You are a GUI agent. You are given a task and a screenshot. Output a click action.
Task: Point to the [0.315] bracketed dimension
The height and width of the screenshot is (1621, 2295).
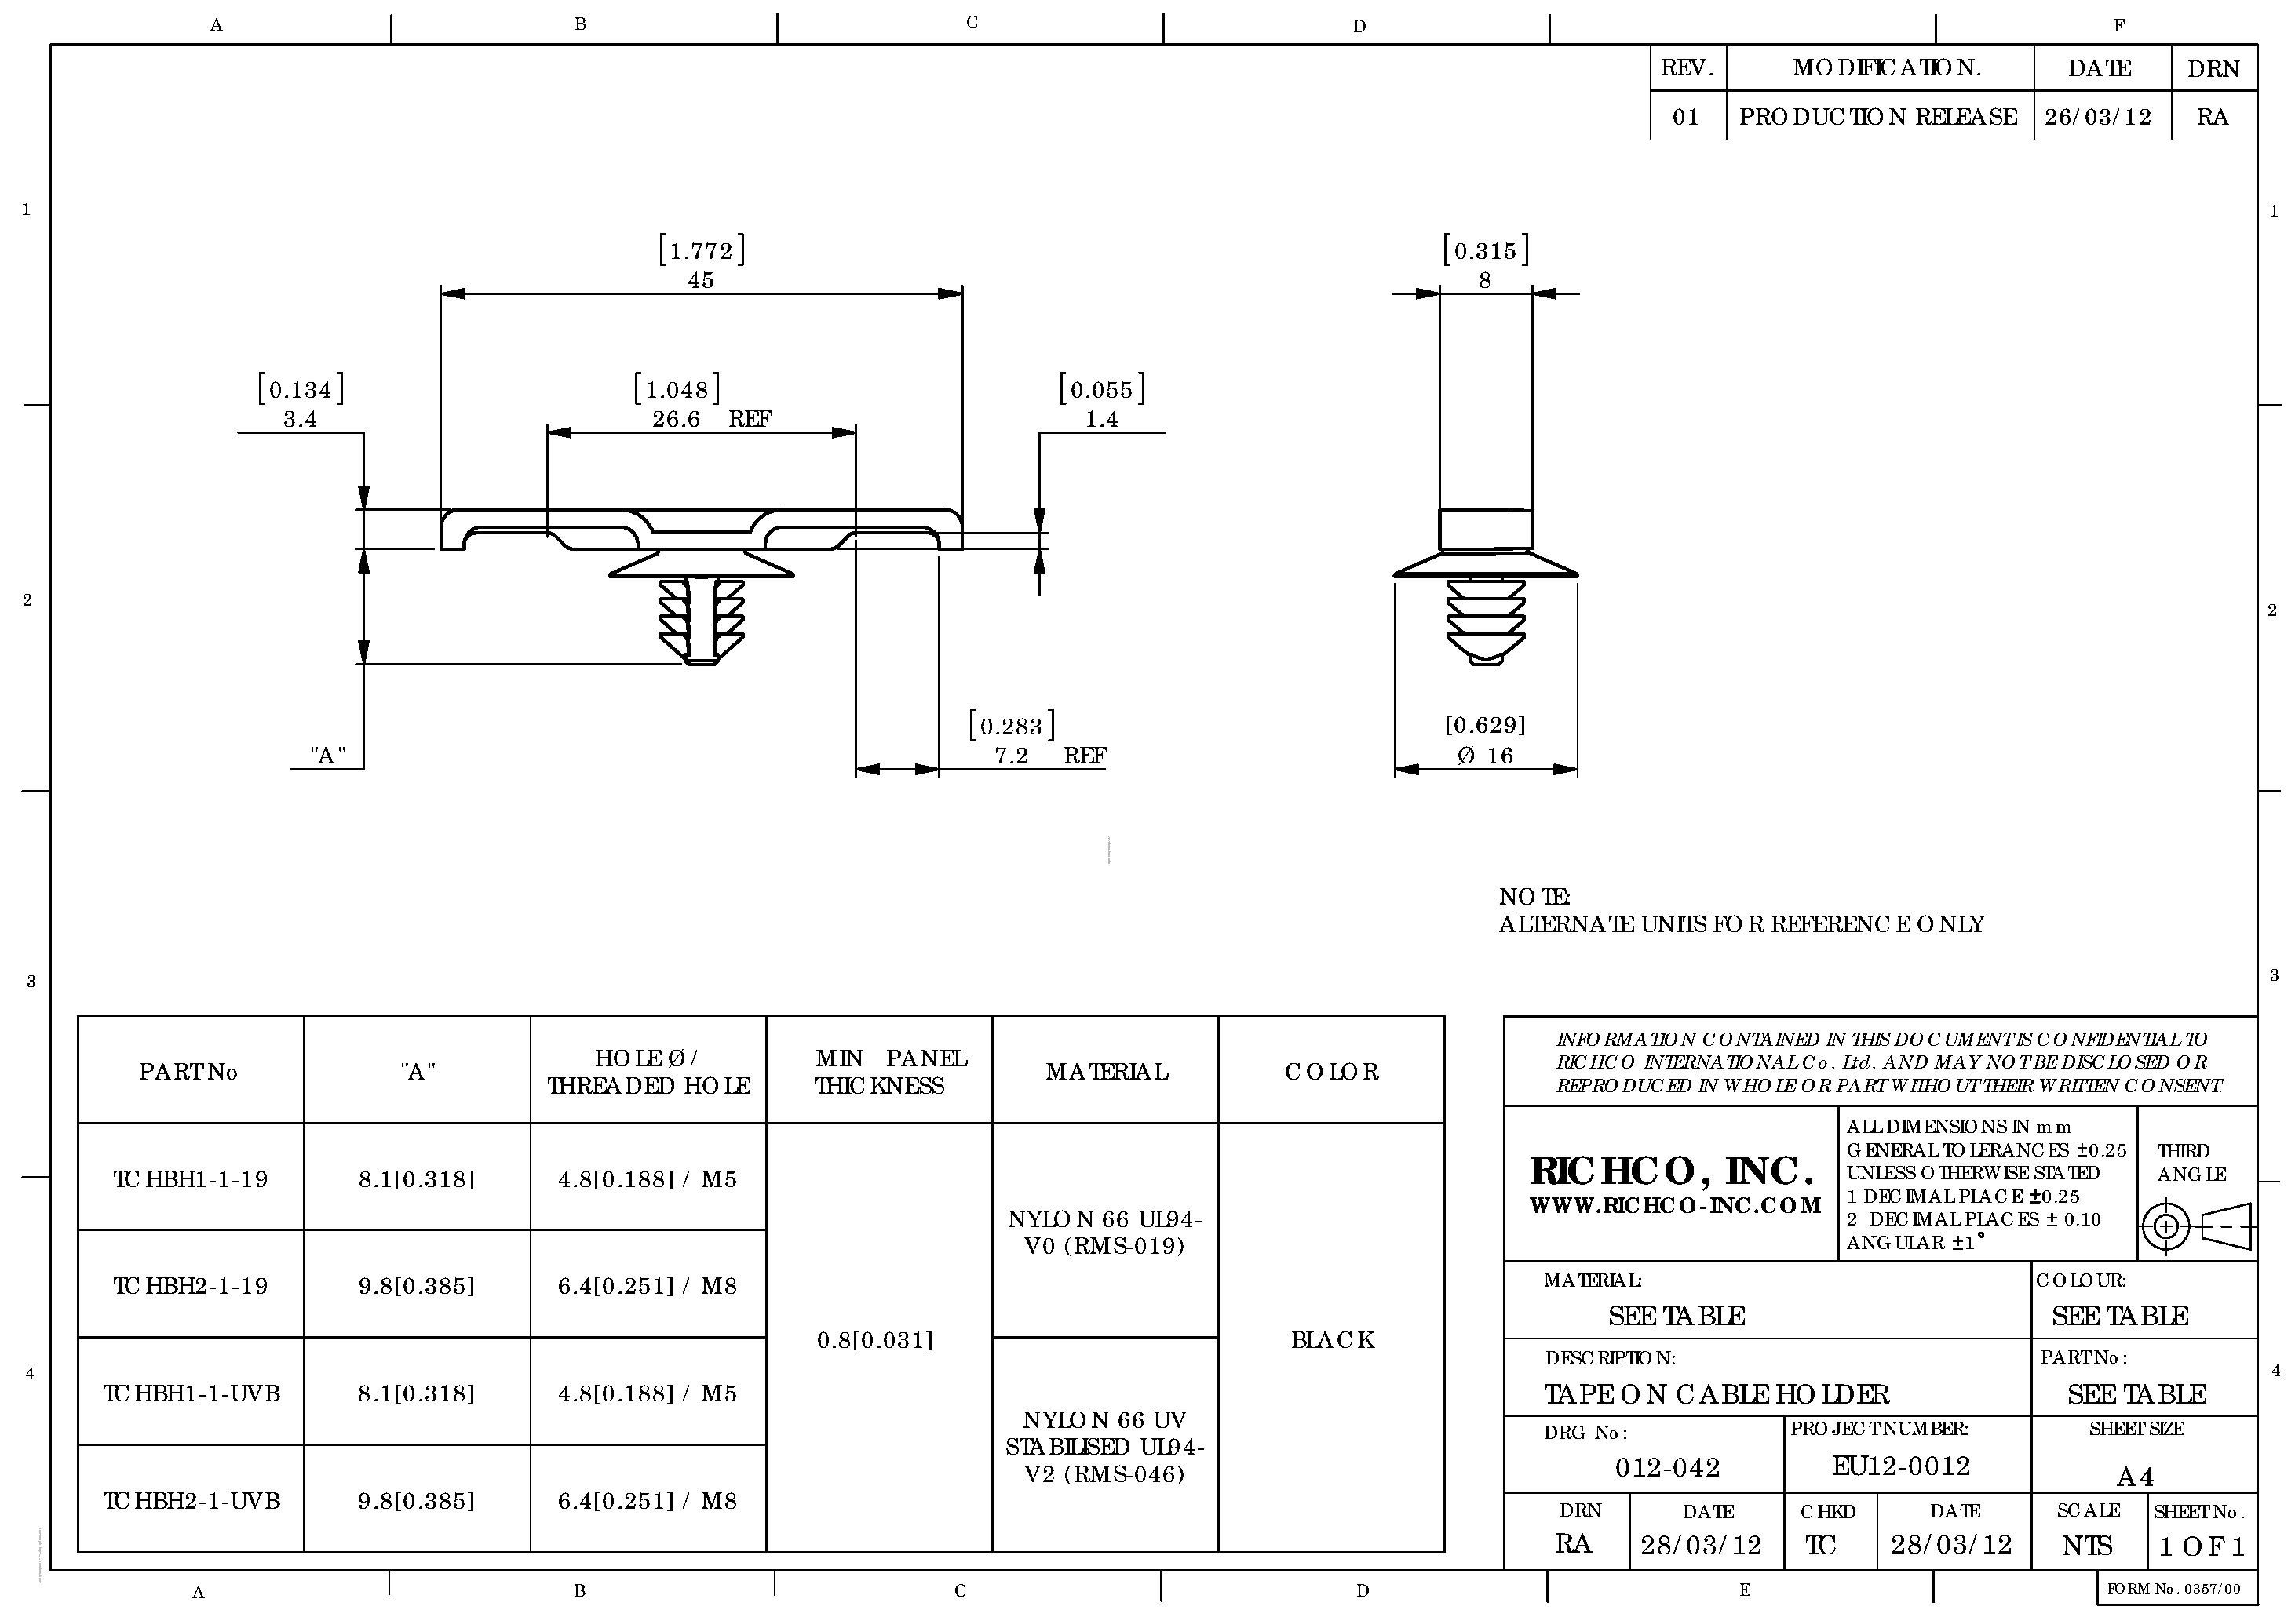pos(1485,250)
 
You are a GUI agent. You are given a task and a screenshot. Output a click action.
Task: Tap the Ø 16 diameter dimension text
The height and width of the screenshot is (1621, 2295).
pos(1484,756)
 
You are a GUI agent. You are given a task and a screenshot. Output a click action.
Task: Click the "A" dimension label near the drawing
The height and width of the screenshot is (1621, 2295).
pos(328,756)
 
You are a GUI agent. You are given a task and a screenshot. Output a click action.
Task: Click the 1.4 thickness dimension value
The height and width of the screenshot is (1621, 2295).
pos(1101,420)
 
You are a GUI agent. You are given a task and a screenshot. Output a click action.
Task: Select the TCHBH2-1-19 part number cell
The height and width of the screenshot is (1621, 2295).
pos(191,1286)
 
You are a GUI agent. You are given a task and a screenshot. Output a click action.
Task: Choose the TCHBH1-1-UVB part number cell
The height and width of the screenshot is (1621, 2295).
pos(191,1393)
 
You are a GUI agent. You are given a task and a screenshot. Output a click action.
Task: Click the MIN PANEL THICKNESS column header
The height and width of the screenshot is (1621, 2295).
pos(880,1071)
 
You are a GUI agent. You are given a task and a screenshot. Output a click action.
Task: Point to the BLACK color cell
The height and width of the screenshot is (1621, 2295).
pos(1333,1340)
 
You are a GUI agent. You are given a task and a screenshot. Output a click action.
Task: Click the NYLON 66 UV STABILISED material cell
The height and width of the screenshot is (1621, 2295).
pos(1104,1446)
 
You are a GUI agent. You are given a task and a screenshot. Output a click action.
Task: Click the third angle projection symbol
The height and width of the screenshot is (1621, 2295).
pos(2196,1226)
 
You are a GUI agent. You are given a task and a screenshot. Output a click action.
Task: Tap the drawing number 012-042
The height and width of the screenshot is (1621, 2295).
pos(1667,1467)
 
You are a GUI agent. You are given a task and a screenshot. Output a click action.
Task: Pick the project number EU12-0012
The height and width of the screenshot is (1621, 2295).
pos(1900,1466)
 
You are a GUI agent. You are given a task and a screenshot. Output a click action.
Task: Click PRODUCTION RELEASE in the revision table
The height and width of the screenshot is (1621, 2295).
pos(1878,117)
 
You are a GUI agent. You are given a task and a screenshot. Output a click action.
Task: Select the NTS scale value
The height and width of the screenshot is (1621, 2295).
pos(2087,1546)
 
